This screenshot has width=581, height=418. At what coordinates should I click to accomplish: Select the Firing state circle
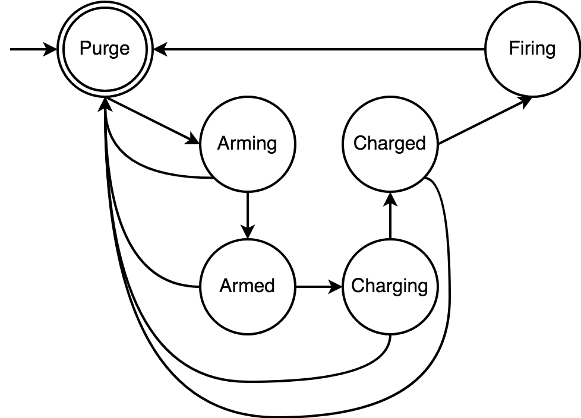point(532,65)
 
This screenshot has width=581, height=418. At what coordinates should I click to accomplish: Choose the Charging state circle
point(390,303)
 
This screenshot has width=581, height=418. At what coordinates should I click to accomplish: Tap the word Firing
point(532,49)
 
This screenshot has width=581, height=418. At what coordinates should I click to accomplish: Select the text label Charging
point(390,286)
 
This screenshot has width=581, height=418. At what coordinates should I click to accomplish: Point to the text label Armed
point(247,286)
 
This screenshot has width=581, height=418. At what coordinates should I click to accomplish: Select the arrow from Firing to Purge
point(321,50)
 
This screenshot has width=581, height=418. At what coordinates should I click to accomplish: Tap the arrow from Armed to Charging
point(318,287)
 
